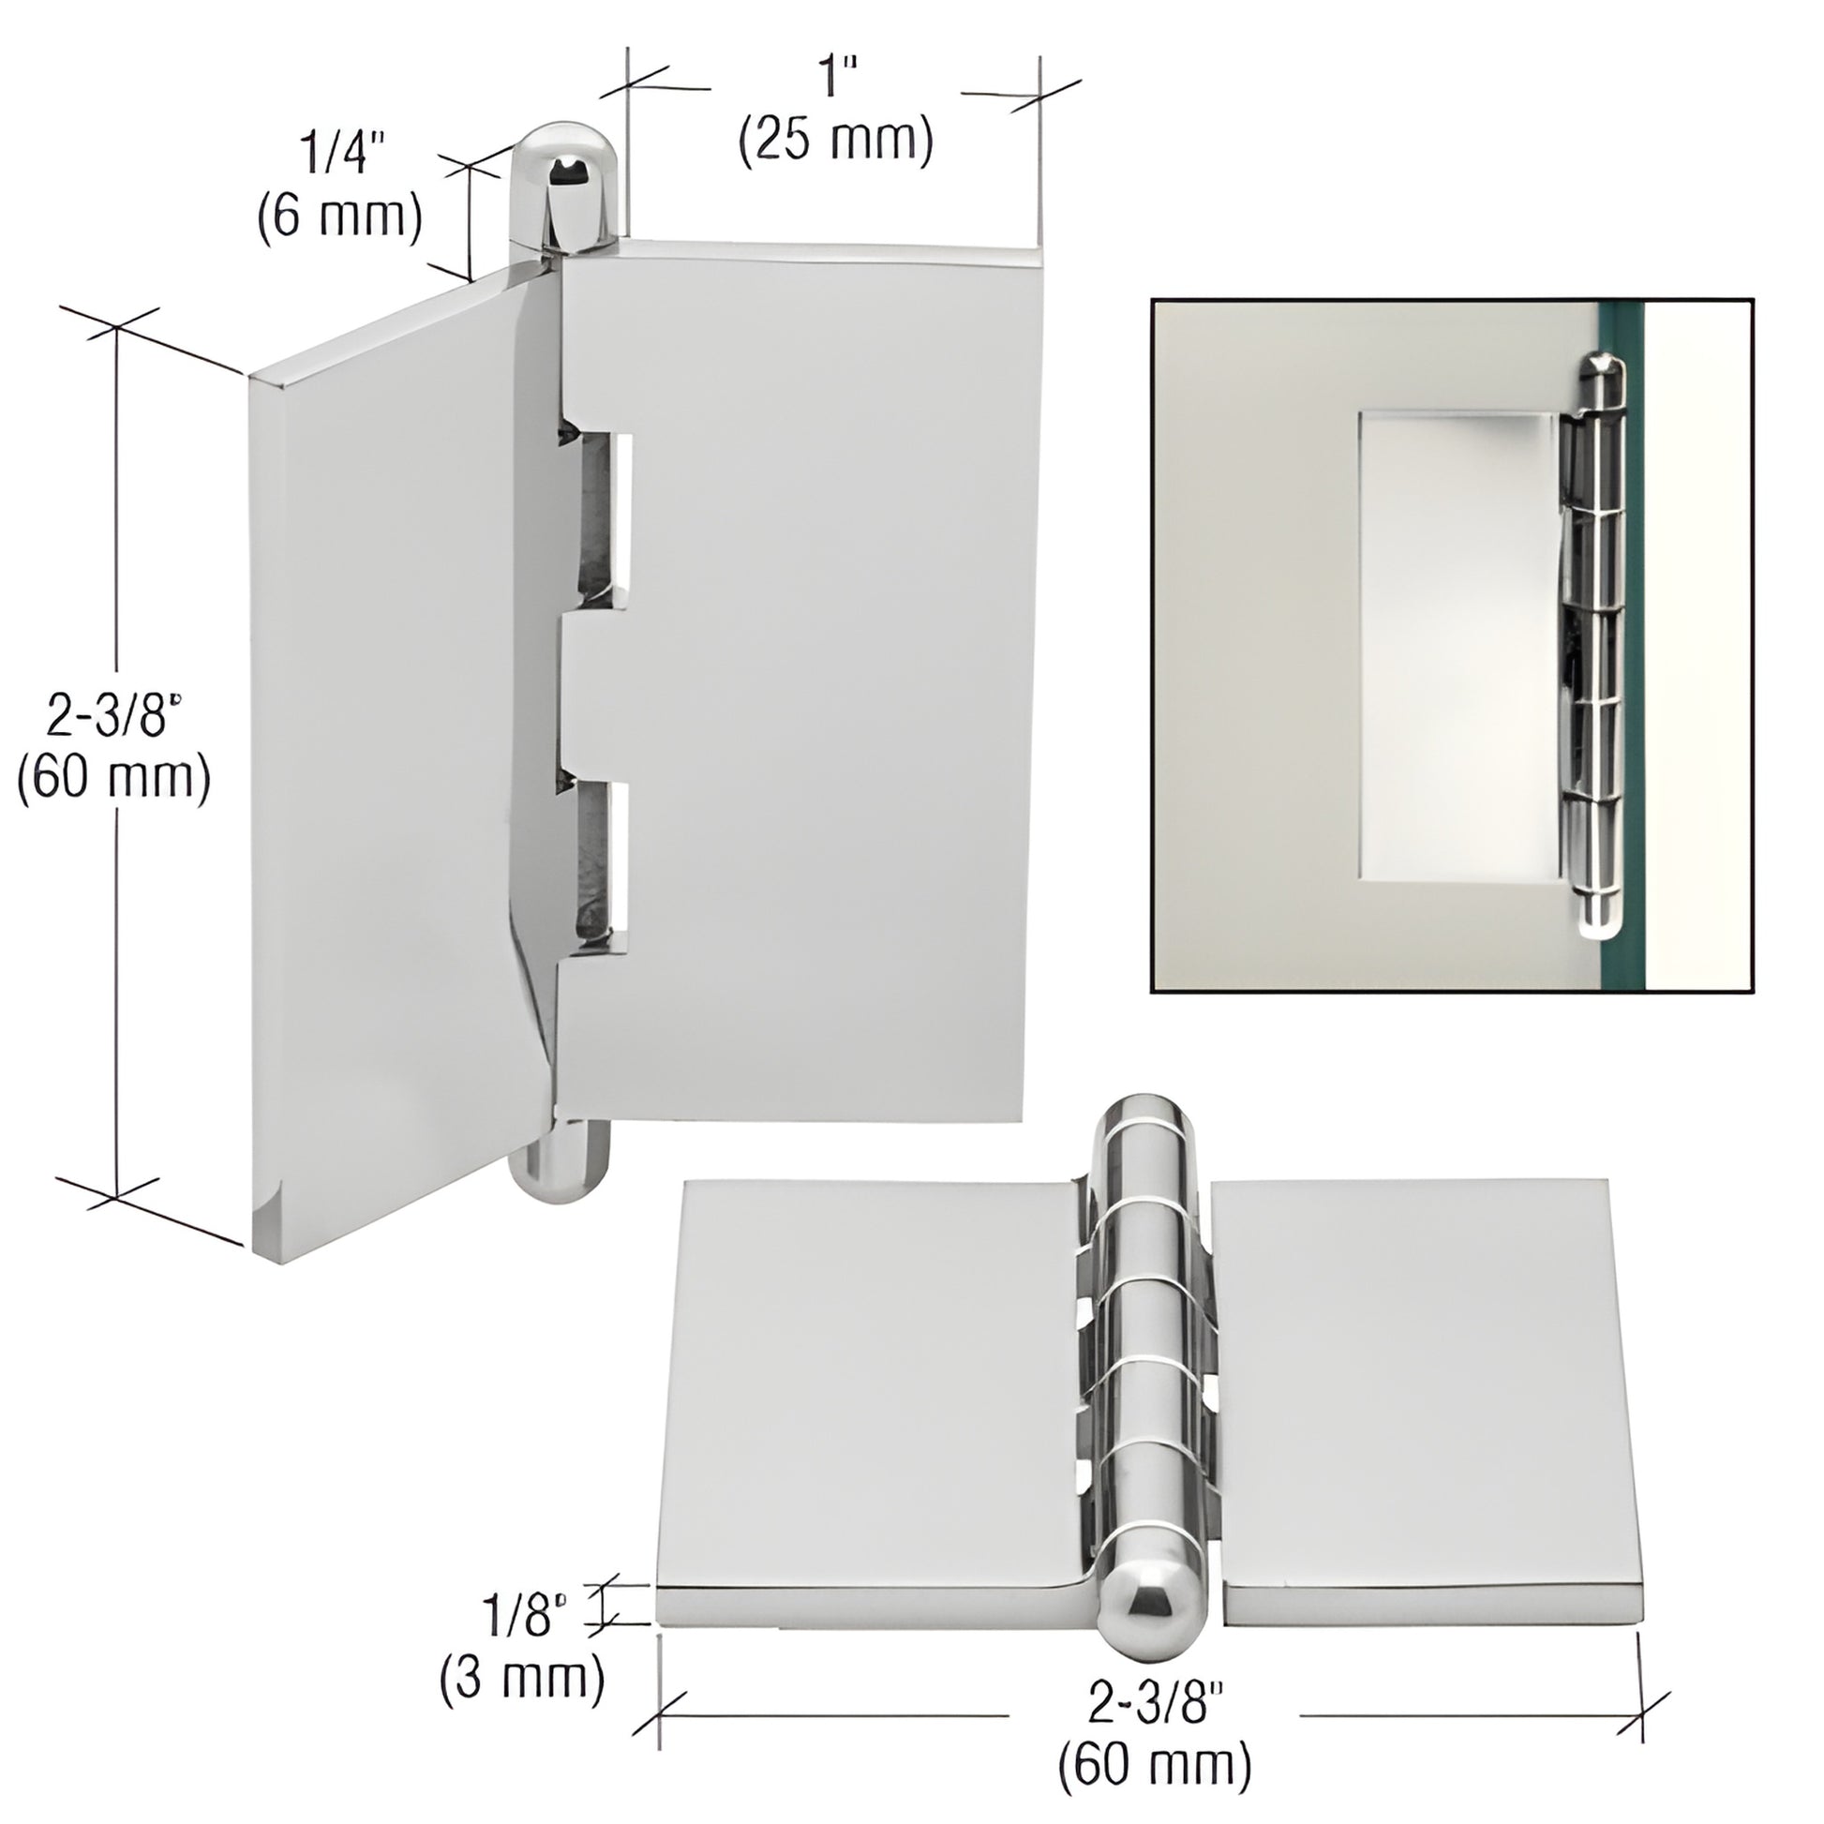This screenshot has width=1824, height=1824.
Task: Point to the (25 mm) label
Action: point(835,142)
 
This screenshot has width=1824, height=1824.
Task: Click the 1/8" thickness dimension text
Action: point(527,1614)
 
